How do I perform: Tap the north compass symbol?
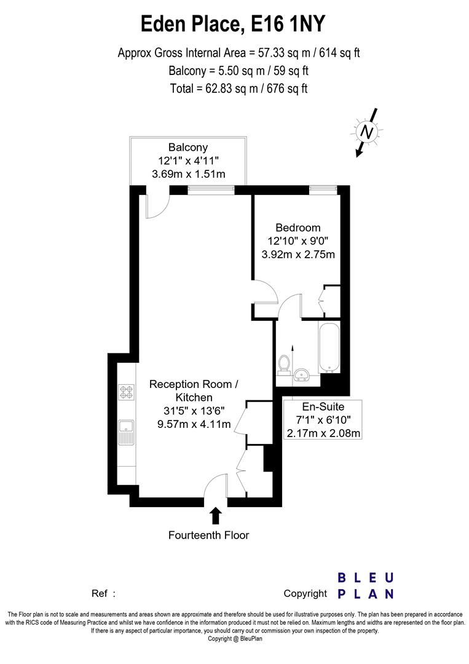click(367, 132)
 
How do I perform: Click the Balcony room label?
click(188, 148)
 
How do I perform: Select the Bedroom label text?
click(298, 227)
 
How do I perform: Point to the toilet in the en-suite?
click(284, 365)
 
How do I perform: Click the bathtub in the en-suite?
click(328, 347)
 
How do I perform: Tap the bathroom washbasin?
click(302, 375)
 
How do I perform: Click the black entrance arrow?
click(215, 515)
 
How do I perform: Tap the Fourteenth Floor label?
click(209, 536)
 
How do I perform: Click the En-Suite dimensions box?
click(323, 420)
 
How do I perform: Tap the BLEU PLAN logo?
click(366, 585)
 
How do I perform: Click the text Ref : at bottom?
click(103, 594)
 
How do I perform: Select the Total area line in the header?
click(239, 88)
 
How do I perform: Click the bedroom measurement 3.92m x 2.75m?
click(298, 255)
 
